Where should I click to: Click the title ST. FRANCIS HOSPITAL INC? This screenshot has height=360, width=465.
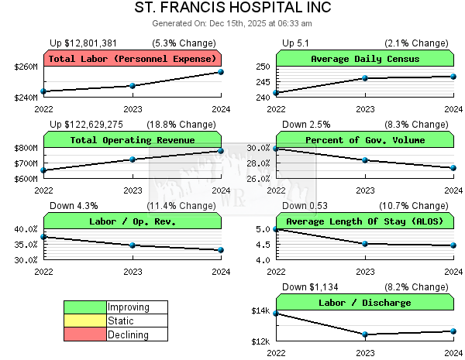pyautogui.click(x=232, y=8)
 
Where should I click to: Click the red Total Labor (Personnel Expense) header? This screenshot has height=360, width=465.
pyautogui.click(x=133, y=59)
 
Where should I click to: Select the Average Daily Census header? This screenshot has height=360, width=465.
pyautogui.click(x=365, y=59)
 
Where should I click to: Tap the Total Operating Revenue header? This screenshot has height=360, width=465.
pyautogui.click(x=133, y=140)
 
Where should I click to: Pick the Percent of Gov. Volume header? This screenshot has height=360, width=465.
pyautogui.click(x=365, y=140)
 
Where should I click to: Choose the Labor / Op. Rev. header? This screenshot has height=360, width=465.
pyautogui.click(x=133, y=221)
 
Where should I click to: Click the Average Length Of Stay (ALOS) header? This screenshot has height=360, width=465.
pyautogui.click(x=365, y=221)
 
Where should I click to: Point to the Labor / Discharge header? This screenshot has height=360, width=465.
pyautogui.click(x=365, y=303)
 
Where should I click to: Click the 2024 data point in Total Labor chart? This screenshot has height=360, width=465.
pyautogui.click(x=221, y=72)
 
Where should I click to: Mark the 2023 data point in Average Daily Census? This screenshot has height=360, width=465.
pyautogui.click(x=365, y=78)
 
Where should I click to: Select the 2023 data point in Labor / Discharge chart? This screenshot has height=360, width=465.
pyautogui.click(x=365, y=334)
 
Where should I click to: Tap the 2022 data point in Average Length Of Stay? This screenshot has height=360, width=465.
pyautogui.click(x=277, y=229)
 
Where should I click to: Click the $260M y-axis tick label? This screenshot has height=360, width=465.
pyautogui.click(x=26, y=67)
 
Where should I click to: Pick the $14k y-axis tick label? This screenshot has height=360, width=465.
pyautogui.click(x=260, y=311)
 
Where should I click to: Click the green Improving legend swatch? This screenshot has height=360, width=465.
pyautogui.click(x=85, y=307)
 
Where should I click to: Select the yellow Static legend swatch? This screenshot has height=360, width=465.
pyautogui.click(x=85, y=321)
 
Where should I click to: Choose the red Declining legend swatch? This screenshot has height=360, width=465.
pyautogui.click(x=85, y=334)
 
